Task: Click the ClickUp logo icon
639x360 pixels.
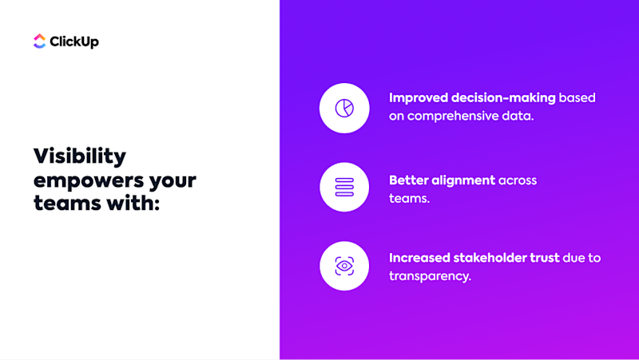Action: tap(40, 42)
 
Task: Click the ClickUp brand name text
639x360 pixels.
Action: tap(74, 42)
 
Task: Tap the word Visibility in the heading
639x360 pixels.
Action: tap(80, 156)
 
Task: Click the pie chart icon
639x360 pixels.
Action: tap(344, 108)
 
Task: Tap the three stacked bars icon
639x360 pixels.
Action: tap(344, 188)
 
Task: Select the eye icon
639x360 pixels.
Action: tap(344, 267)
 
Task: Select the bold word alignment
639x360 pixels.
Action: tap(465, 180)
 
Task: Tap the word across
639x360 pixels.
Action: tap(518, 180)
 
